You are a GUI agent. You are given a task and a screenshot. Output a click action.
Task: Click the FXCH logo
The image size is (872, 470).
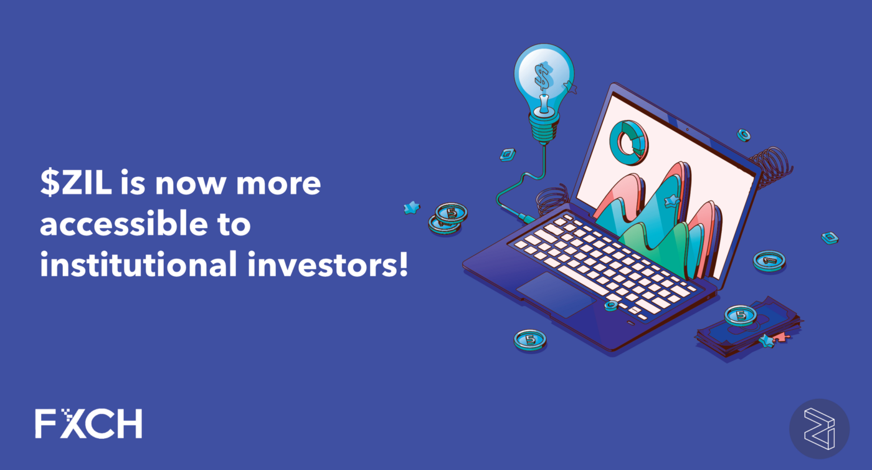(x=88, y=423)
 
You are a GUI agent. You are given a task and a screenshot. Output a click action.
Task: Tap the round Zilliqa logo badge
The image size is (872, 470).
(x=818, y=429)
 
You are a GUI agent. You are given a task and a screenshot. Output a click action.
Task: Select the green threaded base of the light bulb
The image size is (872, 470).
(x=543, y=128)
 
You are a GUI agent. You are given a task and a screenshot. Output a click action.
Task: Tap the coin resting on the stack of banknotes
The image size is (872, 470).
(x=741, y=315)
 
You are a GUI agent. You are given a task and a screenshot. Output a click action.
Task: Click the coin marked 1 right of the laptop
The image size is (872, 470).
(x=769, y=260)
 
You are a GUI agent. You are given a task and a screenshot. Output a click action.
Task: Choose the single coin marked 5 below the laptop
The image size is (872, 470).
(x=530, y=340)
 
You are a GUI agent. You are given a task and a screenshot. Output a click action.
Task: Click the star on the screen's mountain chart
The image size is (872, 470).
(x=671, y=201)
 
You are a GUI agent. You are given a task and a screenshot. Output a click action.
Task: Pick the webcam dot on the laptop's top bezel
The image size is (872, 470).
(x=686, y=130)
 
